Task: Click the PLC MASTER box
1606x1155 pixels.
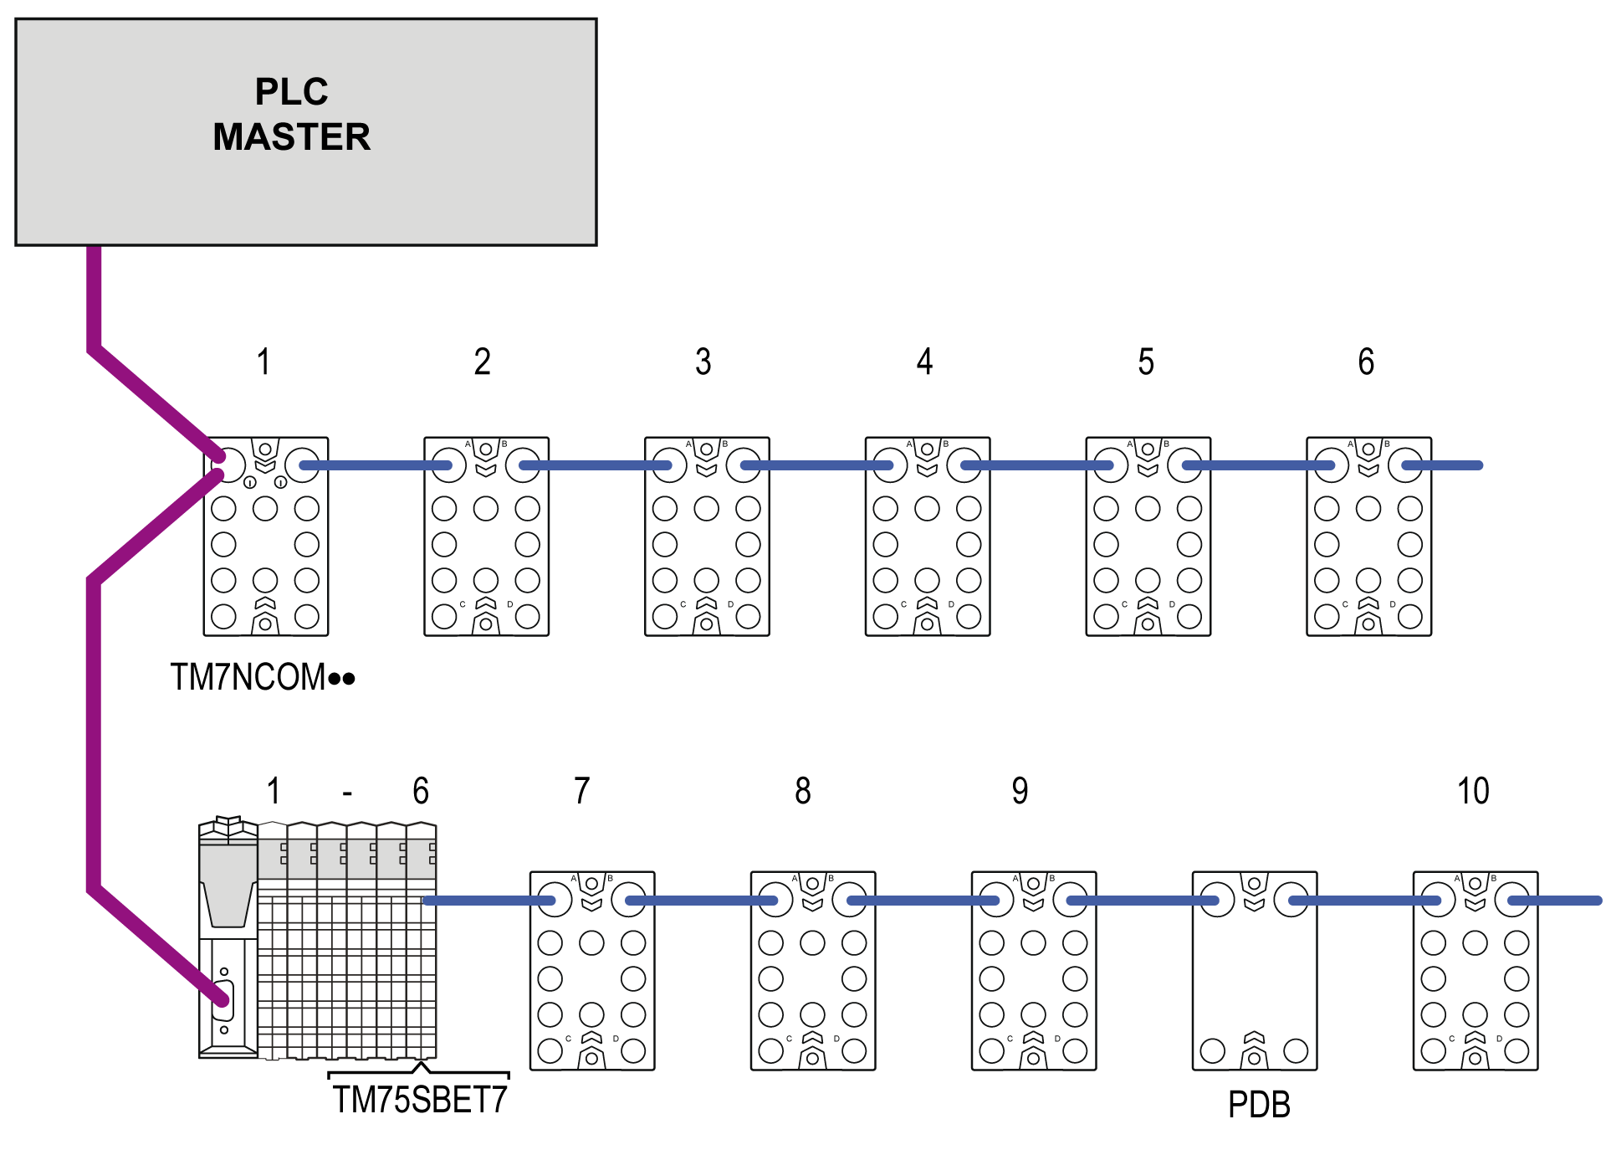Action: (305, 131)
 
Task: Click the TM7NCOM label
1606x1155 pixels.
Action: (262, 677)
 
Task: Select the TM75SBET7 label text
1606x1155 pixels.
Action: (420, 1100)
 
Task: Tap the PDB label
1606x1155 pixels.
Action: (1259, 1105)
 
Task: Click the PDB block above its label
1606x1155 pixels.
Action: (1255, 971)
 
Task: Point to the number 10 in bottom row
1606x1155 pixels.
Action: (1473, 791)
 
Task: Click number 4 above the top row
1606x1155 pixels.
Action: (924, 362)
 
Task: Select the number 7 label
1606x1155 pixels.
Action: (582, 791)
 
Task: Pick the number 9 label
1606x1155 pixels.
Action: (1020, 791)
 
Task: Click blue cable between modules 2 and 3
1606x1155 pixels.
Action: (596, 465)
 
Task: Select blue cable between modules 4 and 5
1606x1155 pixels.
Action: (1037, 465)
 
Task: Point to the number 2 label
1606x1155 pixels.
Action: (482, 362)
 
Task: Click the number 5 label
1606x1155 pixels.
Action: (1146, 362)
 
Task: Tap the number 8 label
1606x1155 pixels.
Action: (803, 791)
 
